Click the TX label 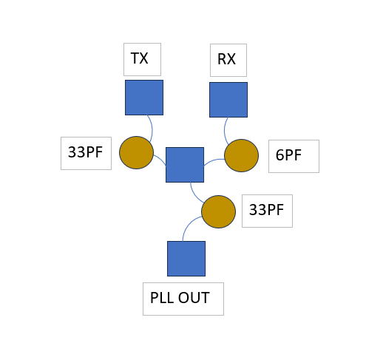click(140, 58)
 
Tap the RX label click(226, 59)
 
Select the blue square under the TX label click(144, 98)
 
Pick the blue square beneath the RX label click(228, 100)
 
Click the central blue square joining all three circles click(185, 165)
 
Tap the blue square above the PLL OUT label click(186, 259)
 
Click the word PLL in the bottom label click(161, 298)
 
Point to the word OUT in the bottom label click(194, 298)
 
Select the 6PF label click(288, 155)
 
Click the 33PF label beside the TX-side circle click(85, 152)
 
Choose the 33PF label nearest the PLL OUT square click(266, 210)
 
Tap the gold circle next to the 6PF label click(242, 155)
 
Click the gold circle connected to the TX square click(136, 152)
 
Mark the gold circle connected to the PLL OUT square click(219, 211)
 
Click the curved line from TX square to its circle click(152, 128)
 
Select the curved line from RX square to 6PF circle click(225, 131)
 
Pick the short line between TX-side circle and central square click(160, 159)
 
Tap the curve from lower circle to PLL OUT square click(188, 225)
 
